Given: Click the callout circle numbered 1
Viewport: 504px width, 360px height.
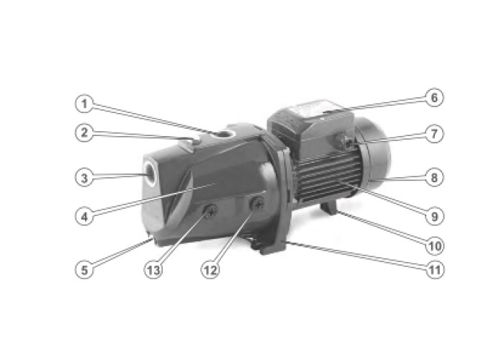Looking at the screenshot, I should [x=84, y=105].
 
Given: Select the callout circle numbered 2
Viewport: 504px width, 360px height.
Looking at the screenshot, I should [x=84, y=132].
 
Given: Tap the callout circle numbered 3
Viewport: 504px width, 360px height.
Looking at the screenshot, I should [x=84, y=177].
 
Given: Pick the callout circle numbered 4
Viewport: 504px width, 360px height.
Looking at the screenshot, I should [x=84, y=215].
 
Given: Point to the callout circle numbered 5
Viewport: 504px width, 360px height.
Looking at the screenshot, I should [x=84, y=269].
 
